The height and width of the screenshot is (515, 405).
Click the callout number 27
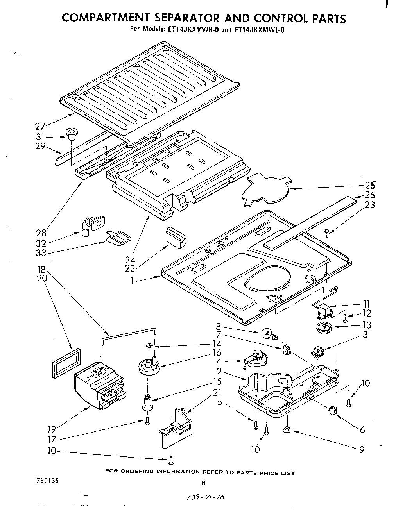40,126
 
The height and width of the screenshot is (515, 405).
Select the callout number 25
369,186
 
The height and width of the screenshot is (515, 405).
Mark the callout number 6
362,429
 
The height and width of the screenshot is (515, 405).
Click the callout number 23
369,204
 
